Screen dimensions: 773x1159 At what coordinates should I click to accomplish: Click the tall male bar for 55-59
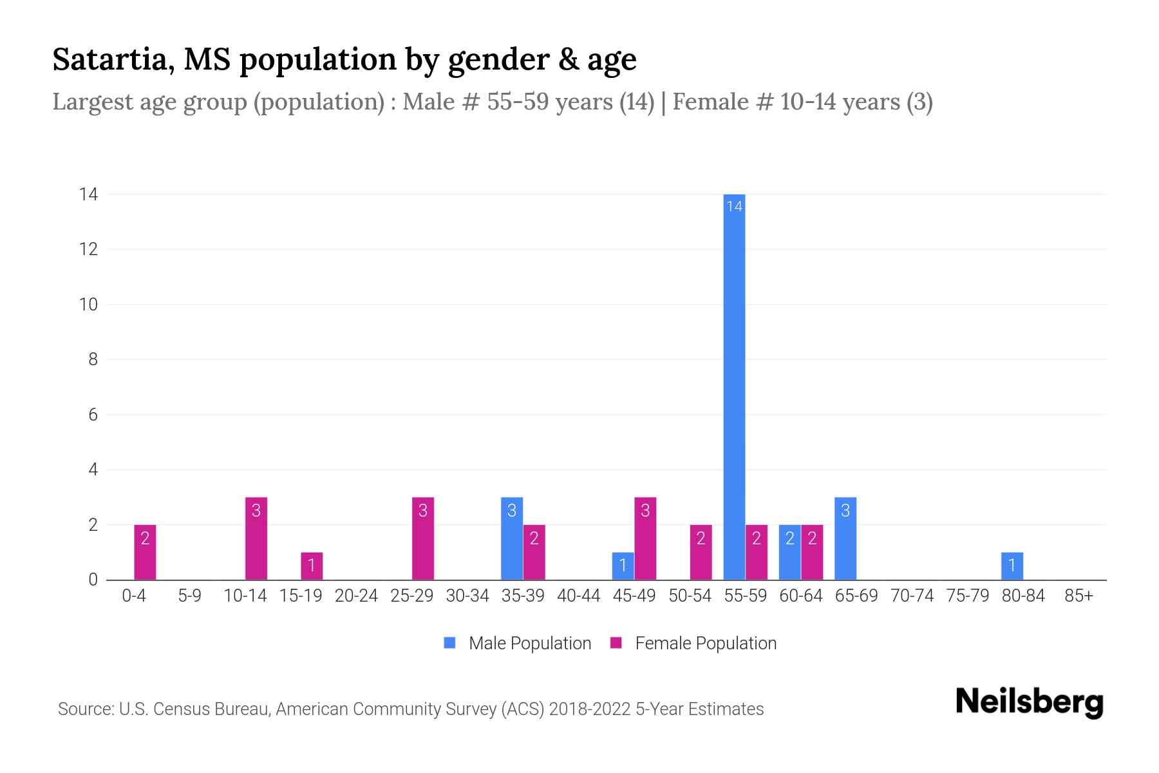pos(734,386)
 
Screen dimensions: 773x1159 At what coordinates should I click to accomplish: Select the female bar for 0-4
pos(145,552)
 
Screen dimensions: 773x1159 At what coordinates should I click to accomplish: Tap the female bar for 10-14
pos(256,539)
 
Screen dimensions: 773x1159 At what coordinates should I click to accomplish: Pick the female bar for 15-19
pos(312,566)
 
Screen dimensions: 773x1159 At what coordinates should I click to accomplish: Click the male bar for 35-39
pos(512,539)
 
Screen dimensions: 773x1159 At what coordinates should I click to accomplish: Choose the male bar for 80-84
pos(1012,566)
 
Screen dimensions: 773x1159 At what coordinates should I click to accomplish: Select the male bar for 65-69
pos(845,539)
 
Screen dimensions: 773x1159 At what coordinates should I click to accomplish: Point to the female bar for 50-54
pos(701,552)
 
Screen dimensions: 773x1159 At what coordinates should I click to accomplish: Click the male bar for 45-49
pos(623,566)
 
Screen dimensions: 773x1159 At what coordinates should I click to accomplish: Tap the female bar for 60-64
pos(812,552)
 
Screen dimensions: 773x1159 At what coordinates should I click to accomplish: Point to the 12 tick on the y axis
pos(89,249)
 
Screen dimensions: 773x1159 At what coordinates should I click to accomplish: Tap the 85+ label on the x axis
pos(1079,596)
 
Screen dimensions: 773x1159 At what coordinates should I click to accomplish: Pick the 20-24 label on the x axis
pos(356,596)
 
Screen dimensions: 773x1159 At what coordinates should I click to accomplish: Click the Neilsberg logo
pos(1029,702)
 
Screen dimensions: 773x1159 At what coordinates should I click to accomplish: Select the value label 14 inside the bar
pos(734,206)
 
